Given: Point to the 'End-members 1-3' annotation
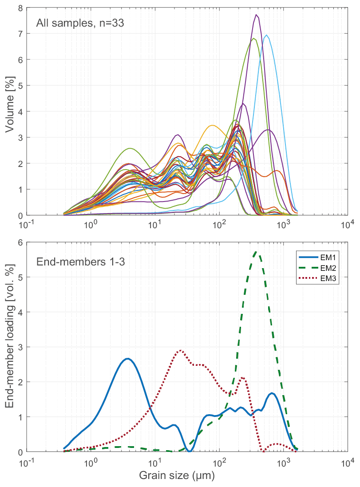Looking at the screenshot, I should coord(80,261).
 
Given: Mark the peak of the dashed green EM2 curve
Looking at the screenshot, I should coord(257,252).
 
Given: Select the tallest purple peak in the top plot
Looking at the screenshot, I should coord(257,15).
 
